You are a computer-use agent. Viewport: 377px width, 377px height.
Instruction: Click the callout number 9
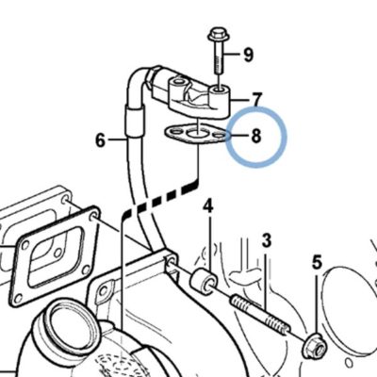(x=248, y=55)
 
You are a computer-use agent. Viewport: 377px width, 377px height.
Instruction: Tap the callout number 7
(x=256, y=100)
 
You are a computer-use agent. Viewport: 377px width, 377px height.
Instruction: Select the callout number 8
(x=256, y=136)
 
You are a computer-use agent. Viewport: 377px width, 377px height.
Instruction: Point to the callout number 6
(x=100, y=140)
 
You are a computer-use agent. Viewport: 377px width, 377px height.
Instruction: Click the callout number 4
(x=208, y=206)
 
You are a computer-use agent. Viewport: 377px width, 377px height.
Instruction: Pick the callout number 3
(x=267, y=240)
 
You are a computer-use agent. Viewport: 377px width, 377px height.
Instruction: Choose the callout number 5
(x=317, y=262)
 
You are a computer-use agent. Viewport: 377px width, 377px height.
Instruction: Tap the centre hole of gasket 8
(x=196, y=135)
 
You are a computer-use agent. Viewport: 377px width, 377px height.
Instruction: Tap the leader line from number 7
(x=240, y=101)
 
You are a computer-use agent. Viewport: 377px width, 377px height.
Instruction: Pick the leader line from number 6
(x=116, y=139)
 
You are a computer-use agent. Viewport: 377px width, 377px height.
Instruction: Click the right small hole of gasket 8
(x=219, y=136)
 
